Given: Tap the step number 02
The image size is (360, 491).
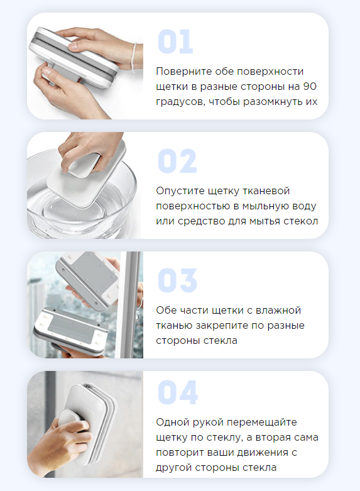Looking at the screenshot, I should (x=177, y=161).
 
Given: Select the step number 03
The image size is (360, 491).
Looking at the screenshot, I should (x=177, y=280).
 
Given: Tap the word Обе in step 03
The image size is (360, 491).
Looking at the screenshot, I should (x=166, y=310).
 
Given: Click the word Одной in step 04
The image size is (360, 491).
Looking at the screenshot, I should (x=172, y=422).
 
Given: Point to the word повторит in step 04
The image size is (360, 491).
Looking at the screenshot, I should (x=182, y=452).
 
